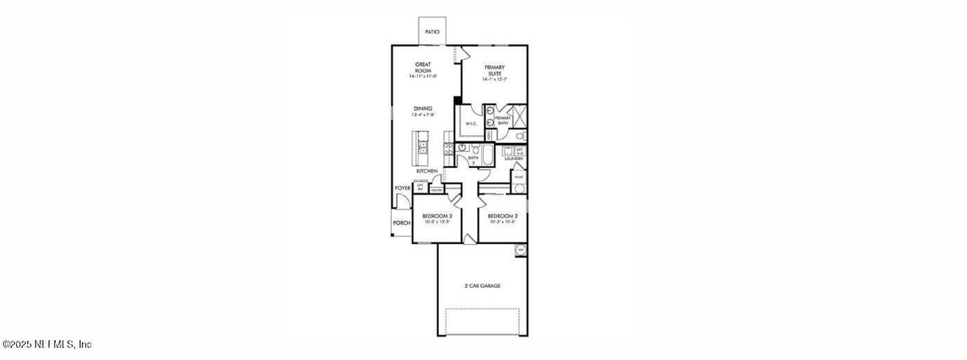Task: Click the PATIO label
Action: [x=432, y=32]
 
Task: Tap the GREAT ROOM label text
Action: [x=423, y=67]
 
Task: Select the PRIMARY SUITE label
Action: [x=495, y=70]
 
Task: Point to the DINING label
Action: [x=423, y=109]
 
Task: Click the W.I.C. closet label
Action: [x=471, y=124]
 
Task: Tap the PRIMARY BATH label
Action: [x=503, y=120]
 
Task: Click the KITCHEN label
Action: [x=427, y=172]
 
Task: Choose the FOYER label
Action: [x=402, y=188]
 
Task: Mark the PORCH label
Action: [x=402, y=223]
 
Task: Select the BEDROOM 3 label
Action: [x=437, y=216]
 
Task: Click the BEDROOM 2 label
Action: [x=502, y=216]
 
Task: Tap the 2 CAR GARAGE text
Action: [x=482, y=286]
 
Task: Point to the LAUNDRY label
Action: [x=514, y=159]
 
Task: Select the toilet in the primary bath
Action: [x=520, y=137]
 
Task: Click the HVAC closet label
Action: [x=519, y=177]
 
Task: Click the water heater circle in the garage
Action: [x=520, y=250]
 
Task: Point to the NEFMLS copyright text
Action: [x=47, y=344]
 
